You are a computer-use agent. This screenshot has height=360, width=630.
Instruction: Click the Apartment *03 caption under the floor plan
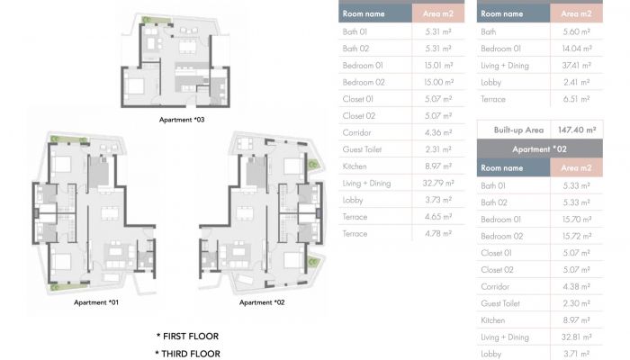point(182,120)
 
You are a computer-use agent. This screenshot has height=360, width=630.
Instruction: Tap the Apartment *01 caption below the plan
point(96,302)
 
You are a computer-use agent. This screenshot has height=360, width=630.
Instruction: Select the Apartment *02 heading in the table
point(539,149)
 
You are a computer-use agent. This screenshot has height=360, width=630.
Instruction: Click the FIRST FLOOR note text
point(187,337)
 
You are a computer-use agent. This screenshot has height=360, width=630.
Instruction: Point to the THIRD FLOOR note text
point(187,354)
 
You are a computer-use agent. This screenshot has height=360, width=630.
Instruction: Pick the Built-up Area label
point(518,130)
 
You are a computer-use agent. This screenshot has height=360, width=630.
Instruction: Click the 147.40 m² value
point(577,130)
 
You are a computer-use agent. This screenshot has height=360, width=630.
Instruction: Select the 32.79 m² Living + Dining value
point(438,184)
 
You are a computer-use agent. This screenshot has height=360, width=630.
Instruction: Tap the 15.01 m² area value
point(438,66)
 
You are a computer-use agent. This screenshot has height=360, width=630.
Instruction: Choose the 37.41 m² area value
point(576,66)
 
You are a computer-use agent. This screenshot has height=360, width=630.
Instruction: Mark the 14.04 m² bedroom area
point(577,49)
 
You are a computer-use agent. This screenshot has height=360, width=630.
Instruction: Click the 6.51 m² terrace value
point(576,99)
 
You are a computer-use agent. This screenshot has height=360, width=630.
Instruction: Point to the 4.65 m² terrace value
point(438,217)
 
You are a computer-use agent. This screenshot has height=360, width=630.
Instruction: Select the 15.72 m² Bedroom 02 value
point(577,236)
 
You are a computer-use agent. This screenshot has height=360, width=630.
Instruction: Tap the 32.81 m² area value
point(577,337)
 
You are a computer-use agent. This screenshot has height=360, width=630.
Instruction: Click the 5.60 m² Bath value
point(576,31)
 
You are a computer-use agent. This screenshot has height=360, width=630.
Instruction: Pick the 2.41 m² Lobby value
point(576,83)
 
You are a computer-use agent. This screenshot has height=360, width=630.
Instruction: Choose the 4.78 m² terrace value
point(438,234)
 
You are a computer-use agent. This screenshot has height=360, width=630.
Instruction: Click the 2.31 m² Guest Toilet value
point(438,149)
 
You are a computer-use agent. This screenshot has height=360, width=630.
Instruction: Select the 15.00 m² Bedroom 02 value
point(438,83)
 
